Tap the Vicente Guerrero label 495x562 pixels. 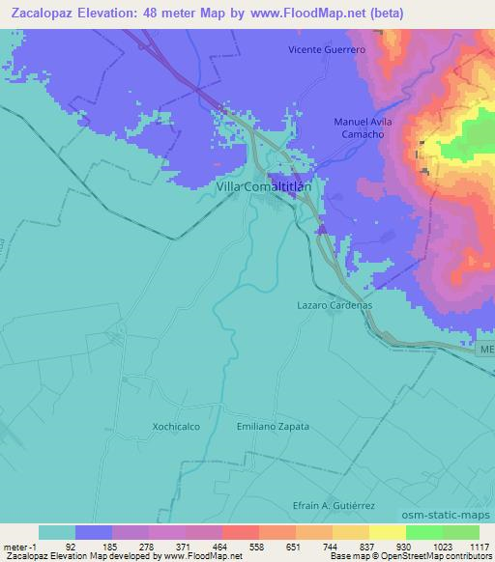point(329,49)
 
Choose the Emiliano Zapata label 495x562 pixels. point(273,426)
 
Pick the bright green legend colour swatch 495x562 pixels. point(423,532)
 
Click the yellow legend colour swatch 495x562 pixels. point(387,532)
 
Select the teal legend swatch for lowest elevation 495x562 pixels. point(57,532)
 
